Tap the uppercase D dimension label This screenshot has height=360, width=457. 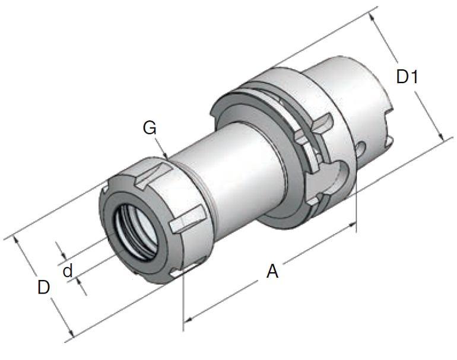[x=43, y=287]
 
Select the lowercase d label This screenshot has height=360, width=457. [x=68, y=271]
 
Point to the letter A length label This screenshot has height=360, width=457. [x=272, y=271]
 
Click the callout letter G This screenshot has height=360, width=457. [x=150, y=127]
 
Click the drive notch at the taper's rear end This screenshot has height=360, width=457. [x=389, y=125]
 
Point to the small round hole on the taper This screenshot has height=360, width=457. [x=361, y=146]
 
